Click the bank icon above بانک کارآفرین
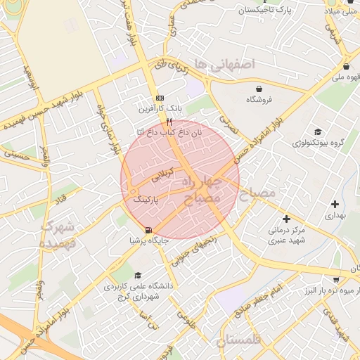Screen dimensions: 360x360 click(160, 98)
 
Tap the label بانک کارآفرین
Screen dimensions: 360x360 click(160, 109)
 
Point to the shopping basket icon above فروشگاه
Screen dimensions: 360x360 click(261, 89)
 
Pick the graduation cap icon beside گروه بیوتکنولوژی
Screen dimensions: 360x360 click(318, 131)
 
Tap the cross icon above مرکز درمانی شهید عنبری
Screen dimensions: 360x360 click(286, 219)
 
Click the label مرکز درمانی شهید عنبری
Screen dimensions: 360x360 click(286, 235)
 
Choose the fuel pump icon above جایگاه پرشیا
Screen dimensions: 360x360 click(148, 230)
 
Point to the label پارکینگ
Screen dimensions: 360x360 click(147, 200)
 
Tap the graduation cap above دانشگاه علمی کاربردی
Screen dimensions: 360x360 click(138, 276)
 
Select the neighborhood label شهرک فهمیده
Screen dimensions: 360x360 click(59, 235)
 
